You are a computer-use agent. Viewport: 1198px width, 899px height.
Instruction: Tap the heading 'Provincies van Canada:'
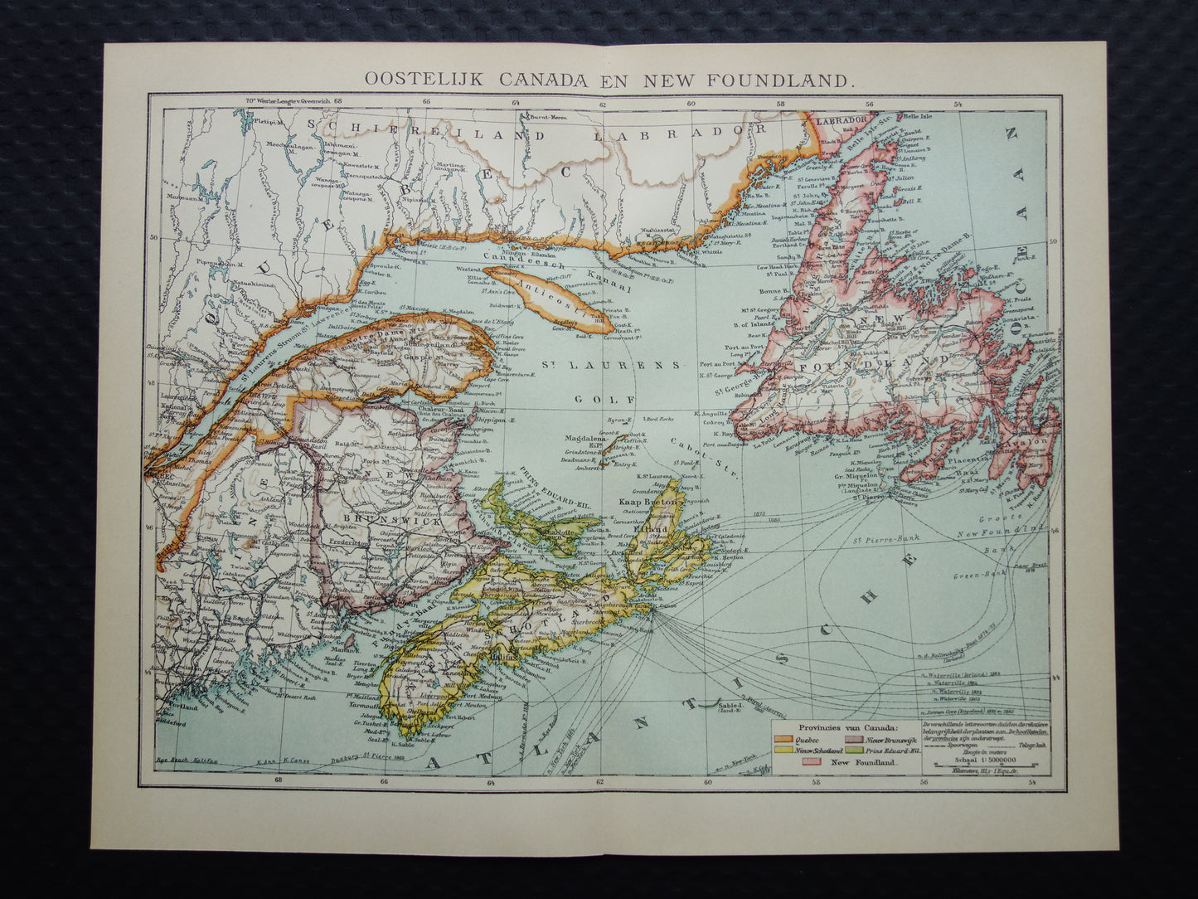point(840,726)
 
